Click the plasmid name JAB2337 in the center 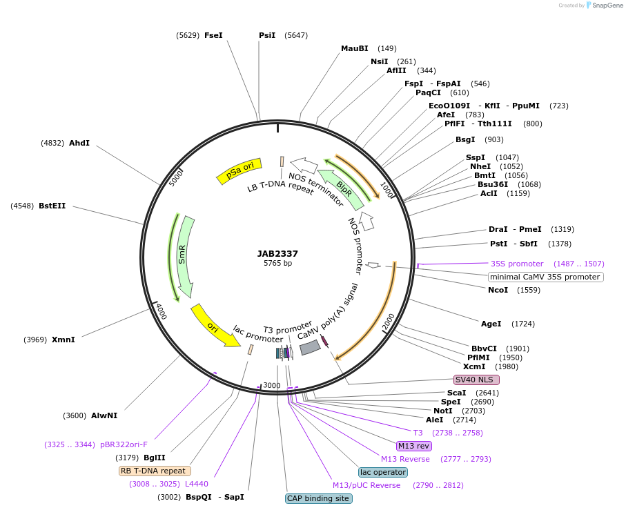277,253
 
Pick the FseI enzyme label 213,35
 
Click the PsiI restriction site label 267,35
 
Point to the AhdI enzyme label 79,143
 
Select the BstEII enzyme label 52,206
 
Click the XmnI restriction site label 63,340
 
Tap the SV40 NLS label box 476,380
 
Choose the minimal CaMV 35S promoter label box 545,277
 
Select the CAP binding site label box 318,498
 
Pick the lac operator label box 383,472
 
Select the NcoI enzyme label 498,290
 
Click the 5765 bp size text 277,264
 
